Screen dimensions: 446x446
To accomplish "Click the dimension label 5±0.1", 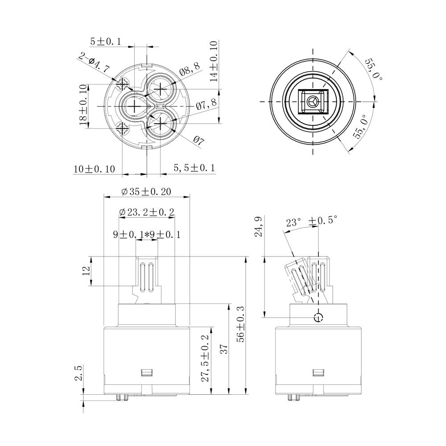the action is (x=106, y=41).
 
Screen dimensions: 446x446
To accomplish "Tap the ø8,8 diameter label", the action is (x=190, y=69).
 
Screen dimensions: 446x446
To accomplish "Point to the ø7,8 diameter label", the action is (x=206, y=104).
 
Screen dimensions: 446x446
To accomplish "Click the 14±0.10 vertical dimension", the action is (x=214, y=62).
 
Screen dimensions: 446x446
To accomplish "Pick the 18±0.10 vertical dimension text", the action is (x=83, y=105).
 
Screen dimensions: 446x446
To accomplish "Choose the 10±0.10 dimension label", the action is (x=94, y=169).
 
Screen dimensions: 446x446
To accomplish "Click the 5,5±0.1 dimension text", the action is (x=194, y=168).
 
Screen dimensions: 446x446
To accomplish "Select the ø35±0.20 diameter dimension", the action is (x=146, y=191).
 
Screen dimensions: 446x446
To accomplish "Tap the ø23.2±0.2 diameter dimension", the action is (x=146, y=212).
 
